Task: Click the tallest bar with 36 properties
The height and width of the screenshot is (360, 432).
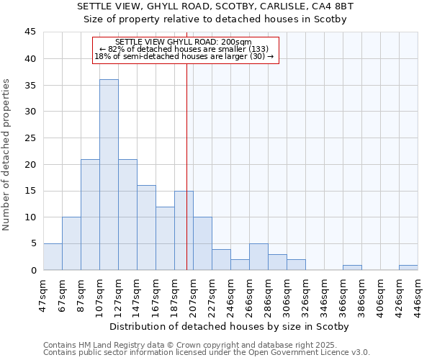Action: (x=109, y=174)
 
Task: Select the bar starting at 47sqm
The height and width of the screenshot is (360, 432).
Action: (x=53, y=257)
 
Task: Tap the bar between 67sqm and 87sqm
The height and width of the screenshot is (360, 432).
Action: (x=71, y=243)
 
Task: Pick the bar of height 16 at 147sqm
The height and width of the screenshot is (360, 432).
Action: (x=146, y=228)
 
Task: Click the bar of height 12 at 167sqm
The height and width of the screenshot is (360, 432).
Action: (x=165, y=238)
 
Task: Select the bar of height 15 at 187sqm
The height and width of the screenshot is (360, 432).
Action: (x=184, y=230)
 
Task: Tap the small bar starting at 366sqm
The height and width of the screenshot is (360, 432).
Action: (x=352, y=268)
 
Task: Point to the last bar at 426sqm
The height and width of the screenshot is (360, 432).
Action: (x=408, y=268)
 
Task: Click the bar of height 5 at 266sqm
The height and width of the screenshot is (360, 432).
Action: (x=258, y=257)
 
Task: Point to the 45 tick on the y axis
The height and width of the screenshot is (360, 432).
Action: (x=30, y=32)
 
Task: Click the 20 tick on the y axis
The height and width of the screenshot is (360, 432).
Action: (x=30, y=164)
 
